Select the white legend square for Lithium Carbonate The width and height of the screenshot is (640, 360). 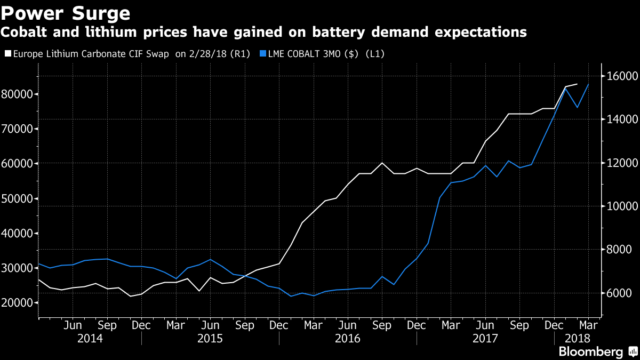tap(7, 54)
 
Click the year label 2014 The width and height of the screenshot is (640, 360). tap(90, 338)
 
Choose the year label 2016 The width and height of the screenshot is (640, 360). tap(348, 338)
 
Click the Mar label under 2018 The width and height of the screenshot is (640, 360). tap(588, 325)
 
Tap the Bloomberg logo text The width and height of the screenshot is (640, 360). tap(590, 351)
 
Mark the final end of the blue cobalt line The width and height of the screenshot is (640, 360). tap(588, 84)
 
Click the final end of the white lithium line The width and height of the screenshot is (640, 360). tap(577, 84)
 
